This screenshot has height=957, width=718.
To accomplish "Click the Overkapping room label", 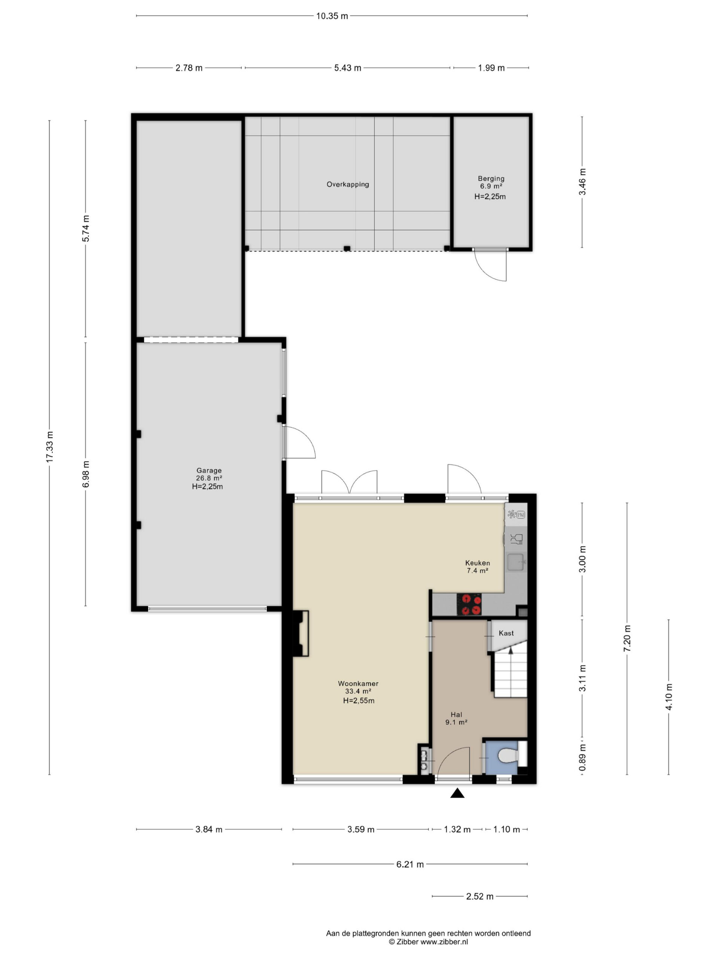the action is (x=347, y=184).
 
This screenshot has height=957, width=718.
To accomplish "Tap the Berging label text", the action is (x=491, y=178).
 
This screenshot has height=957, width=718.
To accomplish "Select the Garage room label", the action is (x=209, y=470).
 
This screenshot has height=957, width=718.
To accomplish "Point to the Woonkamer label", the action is (x=358, y=684).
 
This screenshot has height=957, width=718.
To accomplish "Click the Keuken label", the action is (x=478, y=563).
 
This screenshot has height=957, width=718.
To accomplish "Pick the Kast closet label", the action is (x=506, y=633).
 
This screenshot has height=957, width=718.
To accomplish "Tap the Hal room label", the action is (x=456, y=715).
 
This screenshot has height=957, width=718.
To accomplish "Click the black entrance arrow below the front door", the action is (x=457, y=793).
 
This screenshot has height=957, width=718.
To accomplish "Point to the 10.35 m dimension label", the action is (x=332, y=16).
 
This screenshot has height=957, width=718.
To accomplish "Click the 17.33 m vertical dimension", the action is (x=49, y=447).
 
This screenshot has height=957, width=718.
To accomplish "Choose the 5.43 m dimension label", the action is (x=347, y=68).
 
